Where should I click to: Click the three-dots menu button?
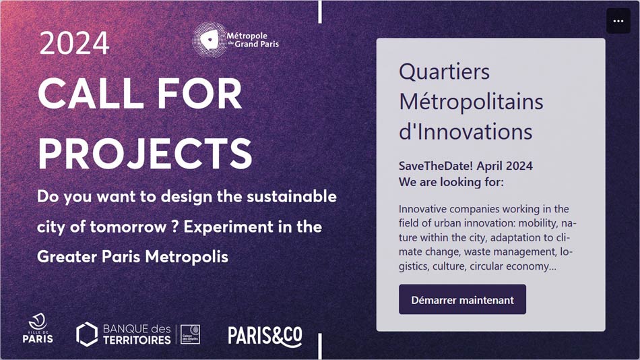[618, 21]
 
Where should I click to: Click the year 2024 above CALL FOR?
[74, 43]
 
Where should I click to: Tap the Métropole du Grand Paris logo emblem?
[210, 40]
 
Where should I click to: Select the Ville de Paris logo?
[38, 328]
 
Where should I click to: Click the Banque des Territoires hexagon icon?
[87, 334]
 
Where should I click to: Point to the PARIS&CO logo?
[265, 336]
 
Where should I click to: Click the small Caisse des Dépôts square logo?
[190, 334]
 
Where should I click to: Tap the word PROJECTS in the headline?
[146, 154]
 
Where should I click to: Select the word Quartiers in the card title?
[444, 72]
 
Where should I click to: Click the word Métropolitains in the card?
[471, 101]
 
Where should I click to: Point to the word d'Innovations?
[466, 131]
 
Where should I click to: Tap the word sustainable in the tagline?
[292, 197]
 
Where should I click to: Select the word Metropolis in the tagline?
[187, 257]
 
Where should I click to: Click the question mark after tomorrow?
[175, 227]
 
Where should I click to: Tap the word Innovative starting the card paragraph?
[423, 209]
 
